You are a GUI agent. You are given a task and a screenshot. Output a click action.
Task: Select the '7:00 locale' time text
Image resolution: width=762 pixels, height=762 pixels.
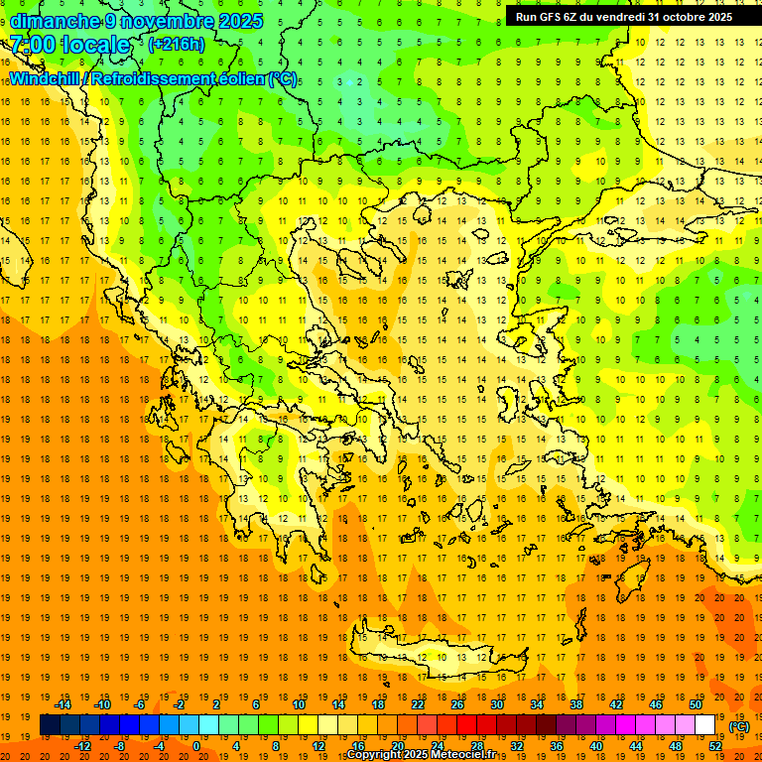click(x=69, y=45)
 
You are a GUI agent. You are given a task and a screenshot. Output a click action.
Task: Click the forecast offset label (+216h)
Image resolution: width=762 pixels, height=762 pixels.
click(x=177, y=45)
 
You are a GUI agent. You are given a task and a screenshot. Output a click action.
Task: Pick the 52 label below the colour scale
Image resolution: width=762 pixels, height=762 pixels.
click(x=715, y=746)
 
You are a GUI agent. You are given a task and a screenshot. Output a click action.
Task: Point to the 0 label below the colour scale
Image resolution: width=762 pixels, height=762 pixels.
click(x=196, y=746)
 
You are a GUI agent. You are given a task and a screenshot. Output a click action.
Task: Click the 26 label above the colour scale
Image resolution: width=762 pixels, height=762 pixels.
click(x=457, y=704)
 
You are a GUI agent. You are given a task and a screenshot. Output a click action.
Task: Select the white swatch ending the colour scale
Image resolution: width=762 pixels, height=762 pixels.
click(x=705, y=725)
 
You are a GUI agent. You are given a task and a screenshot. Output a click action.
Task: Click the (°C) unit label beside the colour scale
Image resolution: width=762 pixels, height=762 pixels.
click(x=738, y=726)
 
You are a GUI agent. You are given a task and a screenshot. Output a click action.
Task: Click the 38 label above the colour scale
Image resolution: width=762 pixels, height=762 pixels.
click(x=576, y=704)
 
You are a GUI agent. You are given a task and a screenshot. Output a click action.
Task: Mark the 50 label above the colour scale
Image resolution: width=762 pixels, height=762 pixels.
click(x=696, y=704)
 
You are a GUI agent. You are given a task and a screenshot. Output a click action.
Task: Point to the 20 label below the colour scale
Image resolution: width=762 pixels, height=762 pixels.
click(x=397, y=746)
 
